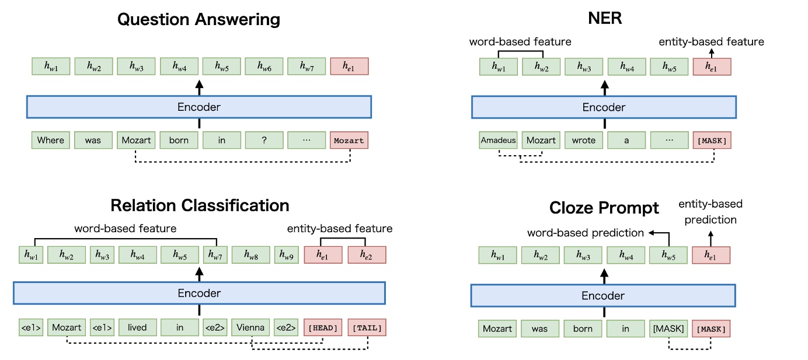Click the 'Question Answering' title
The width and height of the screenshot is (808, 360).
coord(198,20)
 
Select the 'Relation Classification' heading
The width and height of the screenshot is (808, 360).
coord(200,205)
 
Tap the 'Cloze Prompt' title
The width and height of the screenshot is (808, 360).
coord(604,208)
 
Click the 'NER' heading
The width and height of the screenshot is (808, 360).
coord(604,19)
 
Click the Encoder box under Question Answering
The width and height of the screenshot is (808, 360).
coord(199,107)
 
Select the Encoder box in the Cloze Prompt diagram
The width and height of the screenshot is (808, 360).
coord(603,296)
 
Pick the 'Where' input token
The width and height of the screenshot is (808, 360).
coord(51,140)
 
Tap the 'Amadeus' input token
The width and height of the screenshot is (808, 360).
coord(498,140)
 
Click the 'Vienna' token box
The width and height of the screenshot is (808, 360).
coord(250,327)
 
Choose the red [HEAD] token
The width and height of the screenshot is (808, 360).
coord(323,328)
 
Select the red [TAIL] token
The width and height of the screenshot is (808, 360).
coord(367,328)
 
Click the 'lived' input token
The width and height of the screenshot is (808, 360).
coord(138,327)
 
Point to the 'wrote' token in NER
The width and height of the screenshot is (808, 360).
coord(584,140)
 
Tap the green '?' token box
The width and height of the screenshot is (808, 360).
coord(264,140)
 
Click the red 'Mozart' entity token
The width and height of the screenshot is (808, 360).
coord(349,140)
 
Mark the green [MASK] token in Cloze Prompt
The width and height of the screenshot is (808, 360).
coord(668,328)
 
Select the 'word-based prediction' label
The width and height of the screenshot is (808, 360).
coord(586,233)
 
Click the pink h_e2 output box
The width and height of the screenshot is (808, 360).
coord(367,255)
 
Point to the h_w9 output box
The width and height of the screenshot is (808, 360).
coord(287,255)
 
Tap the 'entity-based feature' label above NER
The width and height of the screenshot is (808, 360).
coord(711,41)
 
